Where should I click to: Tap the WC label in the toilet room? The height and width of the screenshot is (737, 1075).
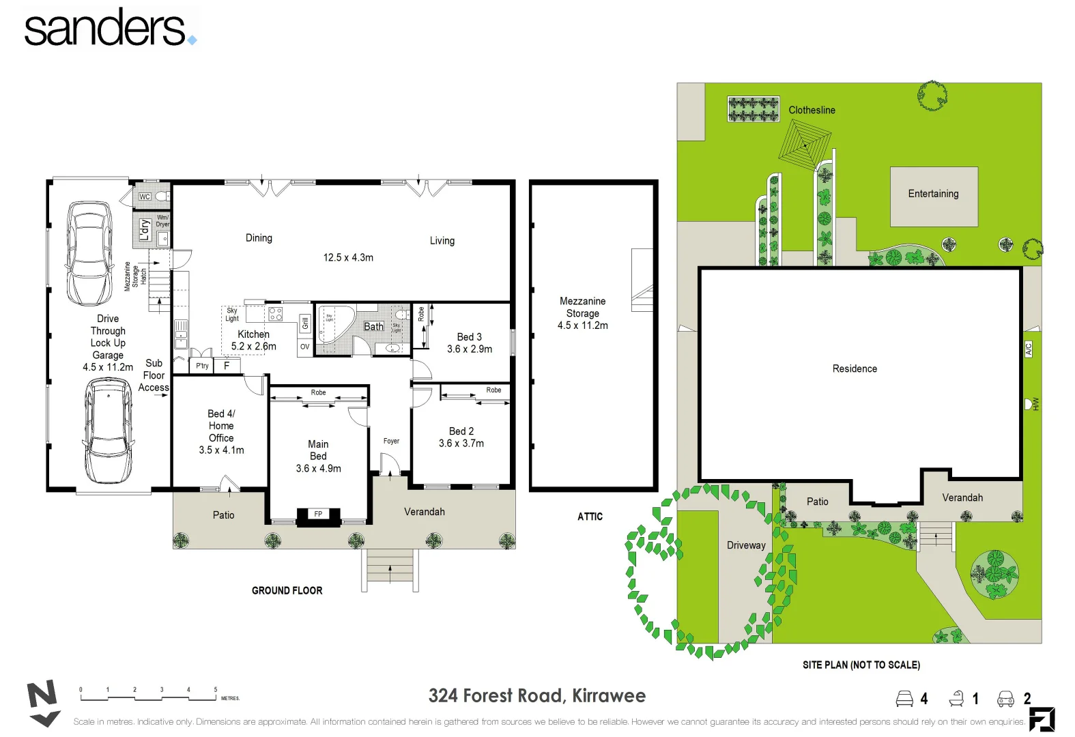pyautogui.click(x=145, y=197)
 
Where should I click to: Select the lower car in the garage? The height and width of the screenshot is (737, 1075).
pyautogui.click(x=108, y=431)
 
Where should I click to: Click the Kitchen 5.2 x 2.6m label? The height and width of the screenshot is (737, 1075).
pyautogui.click(x=253, y=341)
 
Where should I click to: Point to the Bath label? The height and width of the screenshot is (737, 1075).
pyautogui.click(x=373, y=327)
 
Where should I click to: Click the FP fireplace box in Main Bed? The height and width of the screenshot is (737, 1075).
pyautogui.click(x=318, y=515)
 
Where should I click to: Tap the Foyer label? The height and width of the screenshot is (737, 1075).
pyautogui.click(x=391, y=442)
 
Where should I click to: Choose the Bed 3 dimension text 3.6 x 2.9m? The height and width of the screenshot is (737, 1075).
pyautogui.click(x=470, y=349)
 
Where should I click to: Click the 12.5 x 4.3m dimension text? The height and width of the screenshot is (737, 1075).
pyautogui.click(x=348, y=258)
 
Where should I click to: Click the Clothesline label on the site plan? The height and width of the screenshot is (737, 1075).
pyautogui.click(x=812, y=111)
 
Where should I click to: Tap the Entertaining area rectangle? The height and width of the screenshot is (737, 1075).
pyautogui.click(x=934, y=197)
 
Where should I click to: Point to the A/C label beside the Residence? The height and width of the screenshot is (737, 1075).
pyautogui.click(x=1029, y=349)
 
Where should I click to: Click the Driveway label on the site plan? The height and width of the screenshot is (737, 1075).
pyautogui.click(x=746, y=546)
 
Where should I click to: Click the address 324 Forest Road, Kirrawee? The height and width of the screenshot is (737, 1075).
pyautogui.click(x=536, y=696)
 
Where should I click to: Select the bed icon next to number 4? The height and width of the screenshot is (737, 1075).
pyautogui.click(x=904, y=699)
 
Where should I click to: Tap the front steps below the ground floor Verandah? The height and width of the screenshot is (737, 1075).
pyautogui.click(x=390, y=566)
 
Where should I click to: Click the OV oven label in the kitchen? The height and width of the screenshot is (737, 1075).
pyautogui.click(x=304, y=347)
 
